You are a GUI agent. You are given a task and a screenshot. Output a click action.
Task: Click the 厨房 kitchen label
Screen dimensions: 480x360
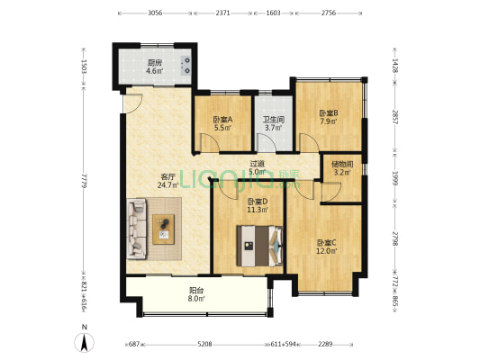click(155, 63)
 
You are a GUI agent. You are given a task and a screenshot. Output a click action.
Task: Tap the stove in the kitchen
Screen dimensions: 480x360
click(186, 66)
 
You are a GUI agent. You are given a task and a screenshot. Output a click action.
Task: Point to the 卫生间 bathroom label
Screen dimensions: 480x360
click(274, 120)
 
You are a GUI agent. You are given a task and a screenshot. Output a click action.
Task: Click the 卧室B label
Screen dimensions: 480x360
click(329, 113)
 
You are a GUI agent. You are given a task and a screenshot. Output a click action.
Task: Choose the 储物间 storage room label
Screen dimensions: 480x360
click(342, 164)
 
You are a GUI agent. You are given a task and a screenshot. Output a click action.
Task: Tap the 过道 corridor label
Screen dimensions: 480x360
click(257, 164)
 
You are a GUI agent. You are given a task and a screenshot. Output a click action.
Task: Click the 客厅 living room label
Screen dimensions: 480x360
click(168, 176)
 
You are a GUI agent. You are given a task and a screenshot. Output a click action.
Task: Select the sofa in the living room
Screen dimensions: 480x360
click(136, 229)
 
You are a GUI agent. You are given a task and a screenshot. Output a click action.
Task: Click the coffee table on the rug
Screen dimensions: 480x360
click(164, 229)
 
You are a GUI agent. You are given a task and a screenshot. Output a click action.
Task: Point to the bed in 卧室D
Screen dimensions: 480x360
click(259, 246)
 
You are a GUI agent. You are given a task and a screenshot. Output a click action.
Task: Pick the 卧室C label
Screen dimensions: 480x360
click(327, 243)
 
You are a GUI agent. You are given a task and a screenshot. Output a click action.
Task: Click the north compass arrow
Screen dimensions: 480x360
click(84, 342)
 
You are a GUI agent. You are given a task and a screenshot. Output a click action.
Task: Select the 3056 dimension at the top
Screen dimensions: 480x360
click(155, 13)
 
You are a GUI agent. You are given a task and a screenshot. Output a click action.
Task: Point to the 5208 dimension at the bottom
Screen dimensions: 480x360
click(204, 345)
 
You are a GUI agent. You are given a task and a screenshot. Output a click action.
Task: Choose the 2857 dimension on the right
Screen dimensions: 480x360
click(395, 117)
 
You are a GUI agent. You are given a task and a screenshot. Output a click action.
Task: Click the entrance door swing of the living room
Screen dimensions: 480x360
click(133, 104)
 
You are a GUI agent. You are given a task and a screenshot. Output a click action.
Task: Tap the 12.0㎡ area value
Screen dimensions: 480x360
click(327, 251)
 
